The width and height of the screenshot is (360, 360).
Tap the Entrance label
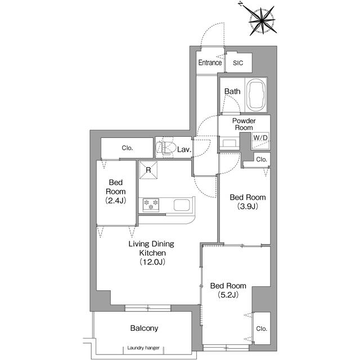pyautogui.click(x=209, y=63)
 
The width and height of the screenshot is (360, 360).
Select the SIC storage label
pyautogui.click(x=239, y=63)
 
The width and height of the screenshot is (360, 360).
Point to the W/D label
pyautogui.click(x=260, y=138)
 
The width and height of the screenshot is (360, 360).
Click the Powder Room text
pyautogui.click(x=244, y=124)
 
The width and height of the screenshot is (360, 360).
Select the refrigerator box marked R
pyautogui.click(x=148, y=172)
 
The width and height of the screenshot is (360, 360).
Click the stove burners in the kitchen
pyautogui.click(x=151, y=204)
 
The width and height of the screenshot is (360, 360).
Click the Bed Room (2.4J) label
pyautogui.click(x=116, y=191)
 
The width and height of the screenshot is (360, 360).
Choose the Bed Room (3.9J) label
pyautogui.click(x=244, y=201)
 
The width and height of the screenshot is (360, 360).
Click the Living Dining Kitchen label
pyautogui.click(x=151, y=253)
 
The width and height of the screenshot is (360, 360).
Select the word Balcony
pyautogui.click(x=144, y=328)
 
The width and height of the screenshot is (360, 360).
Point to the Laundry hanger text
pyautogui.click(x=143, y=348)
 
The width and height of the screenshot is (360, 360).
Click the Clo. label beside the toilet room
pyautogui.click(x=127, y=149)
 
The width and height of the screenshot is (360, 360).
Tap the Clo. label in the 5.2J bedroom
pyautogui.click(x=262, y=328)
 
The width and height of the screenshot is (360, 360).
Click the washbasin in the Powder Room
pyautogui.click(x=229, y=143)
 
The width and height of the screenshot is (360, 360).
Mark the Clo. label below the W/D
pyautogui.click(x=262, y=160)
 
